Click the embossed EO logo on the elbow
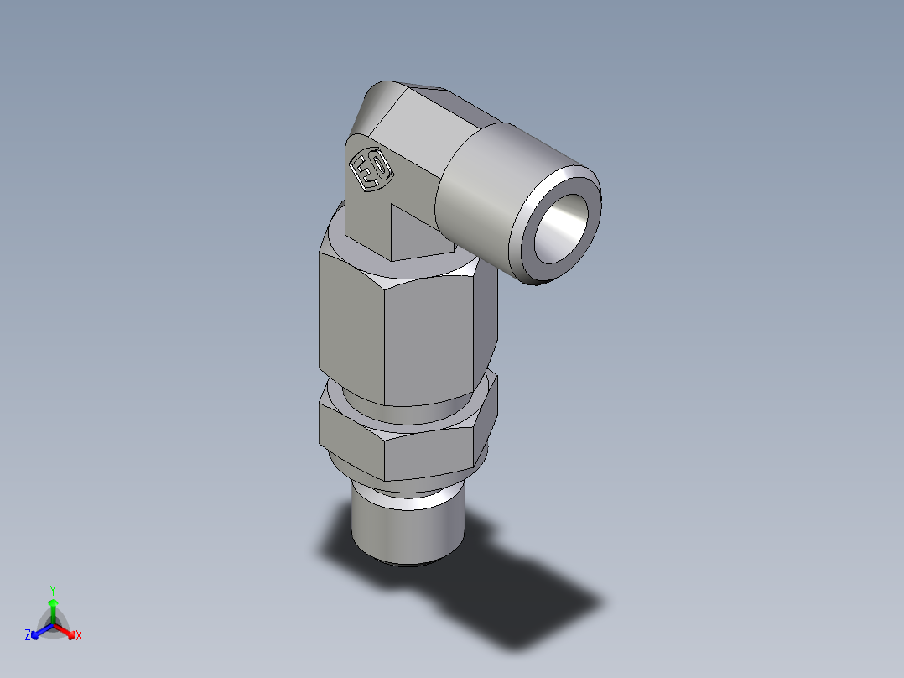[370, 171]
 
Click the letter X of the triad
[79, 636]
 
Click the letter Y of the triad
[52, 590]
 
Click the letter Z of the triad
[28, 636]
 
